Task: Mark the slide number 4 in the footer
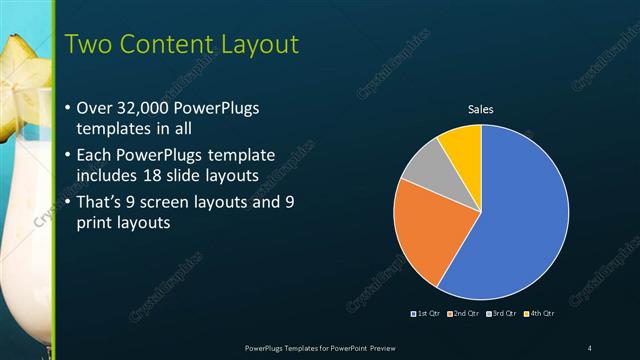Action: (590, 347)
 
